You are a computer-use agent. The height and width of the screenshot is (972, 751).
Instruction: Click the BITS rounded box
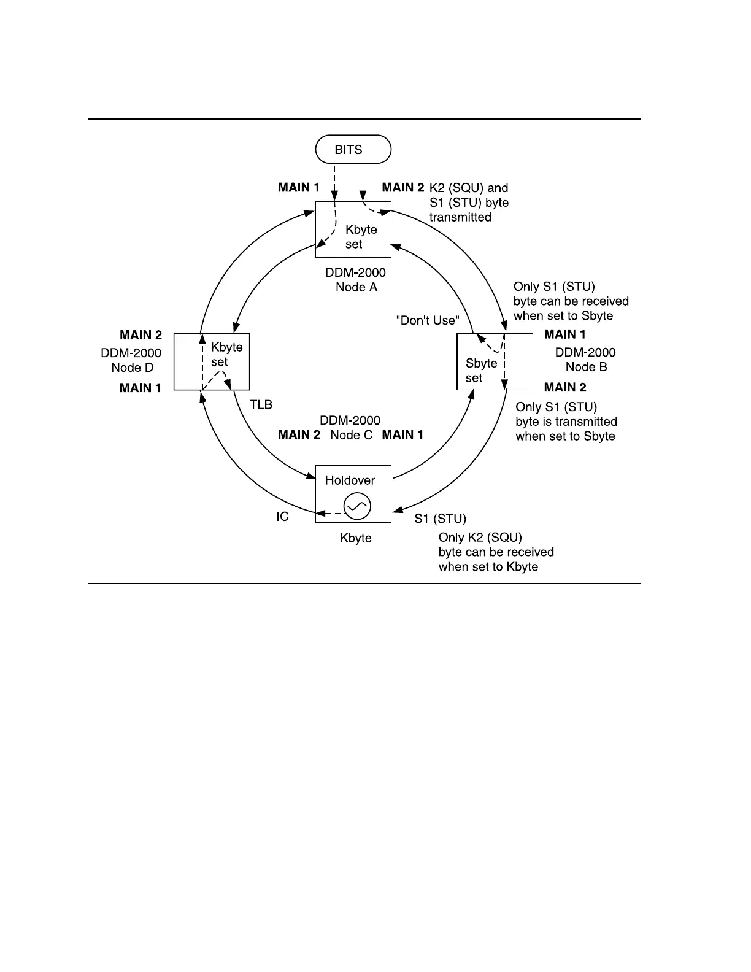pyautogui.click(x=353, y=149)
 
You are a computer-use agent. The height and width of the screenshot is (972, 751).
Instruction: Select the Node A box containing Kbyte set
pyautogui.click(x=353, y=229)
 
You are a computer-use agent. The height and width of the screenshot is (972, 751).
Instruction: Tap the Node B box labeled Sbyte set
pyautogui.click(x=495, y=361)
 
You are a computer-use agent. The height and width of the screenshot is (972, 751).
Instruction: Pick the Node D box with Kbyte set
pyautogui.click(x=212, y=361)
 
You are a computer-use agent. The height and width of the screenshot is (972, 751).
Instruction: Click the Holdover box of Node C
pyautogui.click(x=353, y=494)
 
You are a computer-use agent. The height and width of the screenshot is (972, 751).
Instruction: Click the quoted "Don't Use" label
pyautogui.click(x=428, y=320)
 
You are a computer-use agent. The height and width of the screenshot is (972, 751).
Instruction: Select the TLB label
pyautogui.click(x=261, y=404)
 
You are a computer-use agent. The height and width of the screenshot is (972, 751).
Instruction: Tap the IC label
pyautogui.click(x=282, y=517)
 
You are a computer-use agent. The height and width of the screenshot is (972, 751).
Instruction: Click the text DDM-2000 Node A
pyautogui.click(x=356, y=280)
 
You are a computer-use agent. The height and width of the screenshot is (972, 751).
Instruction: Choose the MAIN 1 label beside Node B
pyautogui.click(x=564, y=334)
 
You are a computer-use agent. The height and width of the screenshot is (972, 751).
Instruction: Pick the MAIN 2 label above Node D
pyautogui.click(x=141, y=335)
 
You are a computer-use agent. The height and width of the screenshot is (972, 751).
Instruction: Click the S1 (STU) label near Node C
pyautogui.click(x=440, y=519)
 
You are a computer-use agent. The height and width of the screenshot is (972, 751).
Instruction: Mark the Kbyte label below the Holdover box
pyautogui.click(x=356, y=538)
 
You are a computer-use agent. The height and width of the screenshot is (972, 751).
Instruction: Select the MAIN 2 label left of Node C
pyautogui.click(x=299, y=434)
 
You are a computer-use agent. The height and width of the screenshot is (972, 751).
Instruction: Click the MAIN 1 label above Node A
pyautogui.click(x=299, y=188)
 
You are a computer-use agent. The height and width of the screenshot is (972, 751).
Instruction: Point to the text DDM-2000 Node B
pyautogui.click(x=585, y=360)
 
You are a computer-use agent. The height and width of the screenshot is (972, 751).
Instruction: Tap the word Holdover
pyautogui.click(x=350, y=480)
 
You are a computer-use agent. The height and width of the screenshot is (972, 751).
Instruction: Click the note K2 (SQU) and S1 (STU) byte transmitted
pyautogui.click(x=469, y=202)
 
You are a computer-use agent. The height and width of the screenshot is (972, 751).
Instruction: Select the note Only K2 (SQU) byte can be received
pyautogui.click(x=496, y=552)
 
